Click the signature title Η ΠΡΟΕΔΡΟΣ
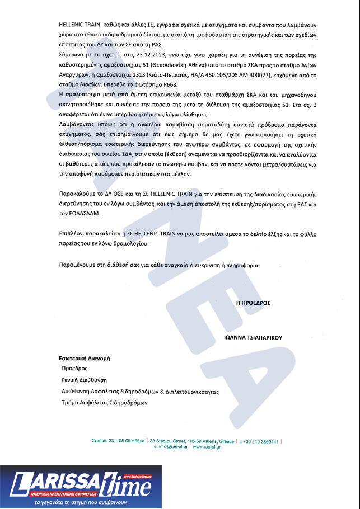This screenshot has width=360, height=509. point(253,303)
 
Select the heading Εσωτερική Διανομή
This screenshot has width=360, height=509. point(83,357)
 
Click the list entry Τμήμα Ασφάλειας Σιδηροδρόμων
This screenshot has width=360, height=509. point(104,402)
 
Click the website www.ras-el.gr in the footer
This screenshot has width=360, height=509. point(207,447)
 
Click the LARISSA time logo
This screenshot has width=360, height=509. point(81,483)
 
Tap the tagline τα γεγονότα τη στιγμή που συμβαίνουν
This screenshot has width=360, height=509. point(81,503)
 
